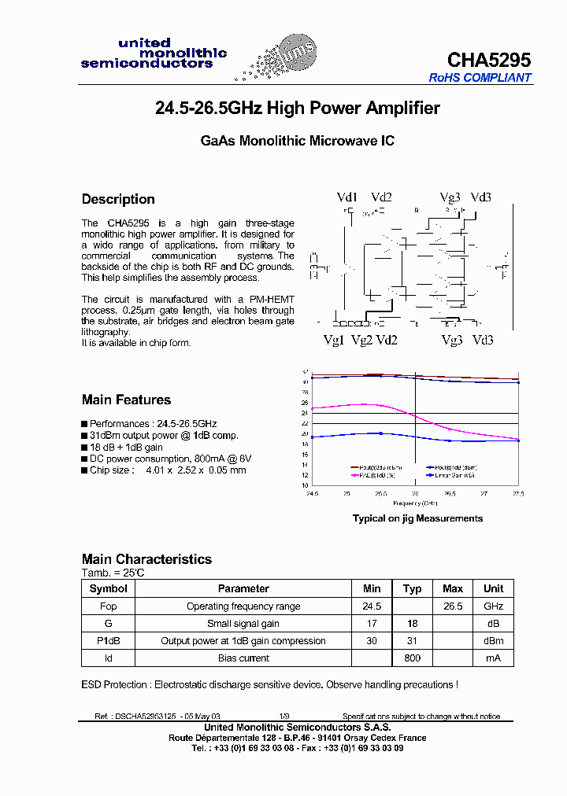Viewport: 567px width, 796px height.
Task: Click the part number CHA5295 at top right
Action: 488,61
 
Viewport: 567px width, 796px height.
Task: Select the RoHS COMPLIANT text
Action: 480,78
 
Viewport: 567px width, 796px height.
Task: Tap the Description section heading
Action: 118,199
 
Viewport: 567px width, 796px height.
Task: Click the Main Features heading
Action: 126,400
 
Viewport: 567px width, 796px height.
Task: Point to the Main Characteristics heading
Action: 146,559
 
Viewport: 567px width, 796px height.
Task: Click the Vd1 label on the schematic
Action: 347,197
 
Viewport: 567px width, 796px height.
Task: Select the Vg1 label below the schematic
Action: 334,340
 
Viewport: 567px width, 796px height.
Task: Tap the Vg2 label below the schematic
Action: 361,340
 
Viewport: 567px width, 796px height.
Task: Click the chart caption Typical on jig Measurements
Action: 417,518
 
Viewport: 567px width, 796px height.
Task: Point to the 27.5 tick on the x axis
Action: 517,493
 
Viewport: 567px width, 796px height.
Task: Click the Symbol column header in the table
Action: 109,588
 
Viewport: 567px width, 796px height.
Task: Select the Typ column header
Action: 412,588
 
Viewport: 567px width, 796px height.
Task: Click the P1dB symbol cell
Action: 109,641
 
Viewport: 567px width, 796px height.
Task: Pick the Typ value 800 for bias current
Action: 412,658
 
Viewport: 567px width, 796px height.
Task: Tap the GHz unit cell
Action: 493,606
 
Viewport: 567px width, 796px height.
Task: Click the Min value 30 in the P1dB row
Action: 372,641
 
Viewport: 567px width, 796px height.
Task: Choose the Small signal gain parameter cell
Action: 243,624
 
